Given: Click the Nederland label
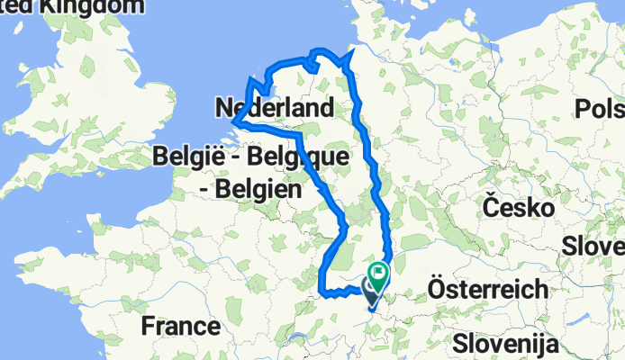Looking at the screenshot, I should tap(275, 109).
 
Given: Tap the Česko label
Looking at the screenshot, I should tap(518, 208).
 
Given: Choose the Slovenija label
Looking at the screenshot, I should tap(505, 344).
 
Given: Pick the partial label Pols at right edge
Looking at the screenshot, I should tap(601, 109).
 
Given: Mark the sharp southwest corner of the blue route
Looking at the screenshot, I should tap(323, 289).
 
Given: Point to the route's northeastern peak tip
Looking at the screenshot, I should tap(349, 55).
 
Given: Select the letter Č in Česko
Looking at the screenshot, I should tap(491, 207).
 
